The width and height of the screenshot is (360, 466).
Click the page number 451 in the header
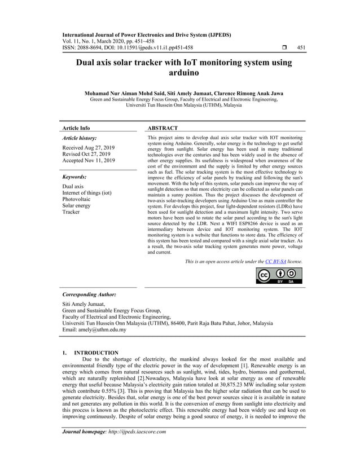(x=301, y=47)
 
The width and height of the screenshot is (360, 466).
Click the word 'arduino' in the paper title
(x=180, y=73)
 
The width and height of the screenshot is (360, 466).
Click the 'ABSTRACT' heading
(x=162, y=128)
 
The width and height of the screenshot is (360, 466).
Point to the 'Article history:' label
(x=79, y=138)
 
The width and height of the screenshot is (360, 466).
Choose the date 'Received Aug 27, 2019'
(x=89, y=148)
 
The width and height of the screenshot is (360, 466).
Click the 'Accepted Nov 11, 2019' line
(x=89, y=161)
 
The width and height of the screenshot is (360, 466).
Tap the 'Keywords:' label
(x=74, y=177)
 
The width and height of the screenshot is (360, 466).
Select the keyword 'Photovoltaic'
(x=78, y=199)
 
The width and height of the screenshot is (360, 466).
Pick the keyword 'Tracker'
(x=71, y=212)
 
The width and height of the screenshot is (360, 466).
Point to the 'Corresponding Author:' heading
(x=89, y=294)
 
